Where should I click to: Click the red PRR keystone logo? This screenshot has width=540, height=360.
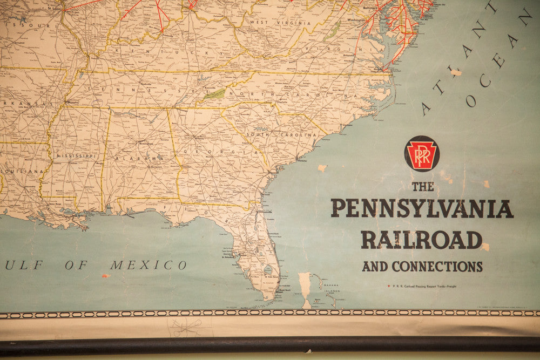[x=422, y=153]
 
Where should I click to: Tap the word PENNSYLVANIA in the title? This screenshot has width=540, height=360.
[x=422, y=208]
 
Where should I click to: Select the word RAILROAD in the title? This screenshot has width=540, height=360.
[x=422, y=240]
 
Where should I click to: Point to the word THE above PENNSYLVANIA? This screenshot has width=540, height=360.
[x=423, y=187]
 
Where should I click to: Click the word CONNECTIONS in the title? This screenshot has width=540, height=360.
[x=437, y=266]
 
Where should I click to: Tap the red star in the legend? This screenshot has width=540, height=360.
[x=388, y=286]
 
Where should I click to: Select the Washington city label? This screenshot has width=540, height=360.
[x=356, y=20]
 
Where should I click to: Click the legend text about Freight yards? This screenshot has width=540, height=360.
[x=424, y=286]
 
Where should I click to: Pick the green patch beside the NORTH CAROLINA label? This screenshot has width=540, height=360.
[x=214, y=94]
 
